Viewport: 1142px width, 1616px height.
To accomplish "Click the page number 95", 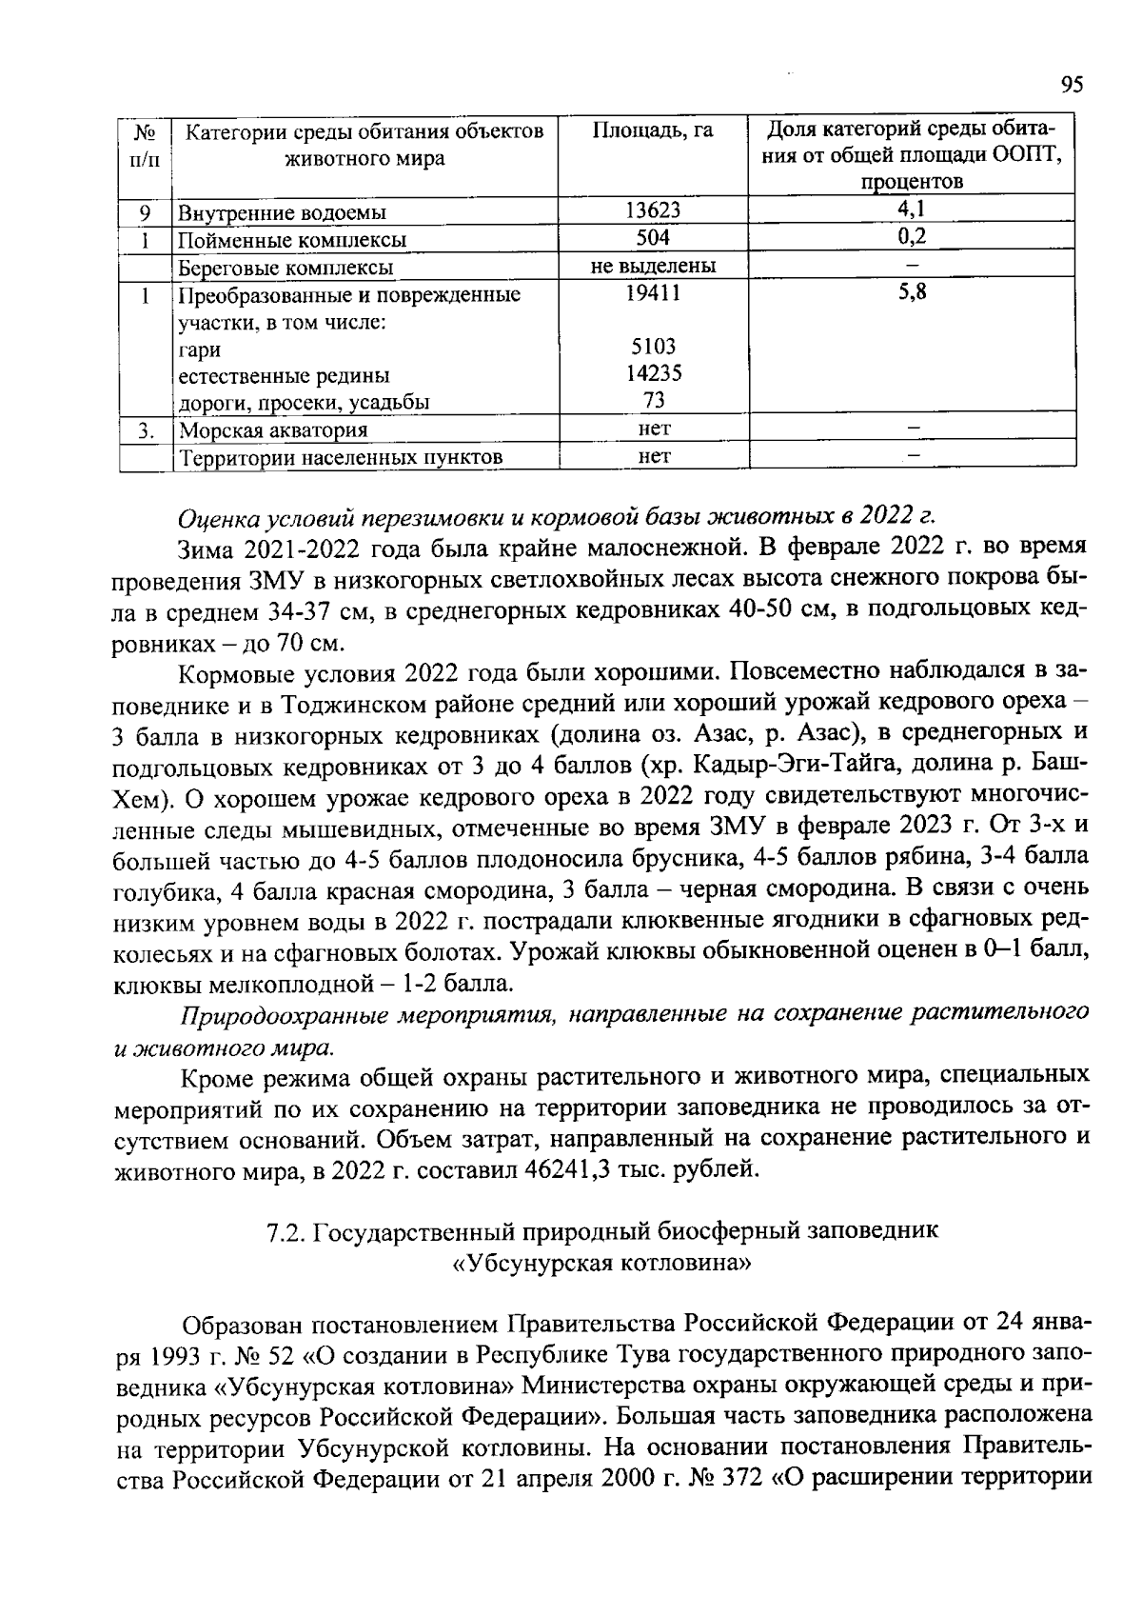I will point(1072,86).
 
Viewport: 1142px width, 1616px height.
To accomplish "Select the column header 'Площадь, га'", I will point(653,131).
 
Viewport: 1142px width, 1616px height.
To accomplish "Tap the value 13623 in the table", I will point(653,210).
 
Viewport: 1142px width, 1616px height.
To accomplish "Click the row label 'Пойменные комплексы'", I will point(293,240).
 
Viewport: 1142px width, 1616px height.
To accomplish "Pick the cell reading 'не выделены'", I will point(653,266).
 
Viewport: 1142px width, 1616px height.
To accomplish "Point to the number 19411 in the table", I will point(653,294).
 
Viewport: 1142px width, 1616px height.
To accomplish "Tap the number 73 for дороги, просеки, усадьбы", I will point(653,400).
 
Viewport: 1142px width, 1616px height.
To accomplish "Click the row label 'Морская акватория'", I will point(274,430).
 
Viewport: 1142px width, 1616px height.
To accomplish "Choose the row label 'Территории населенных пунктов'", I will point(342,458).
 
